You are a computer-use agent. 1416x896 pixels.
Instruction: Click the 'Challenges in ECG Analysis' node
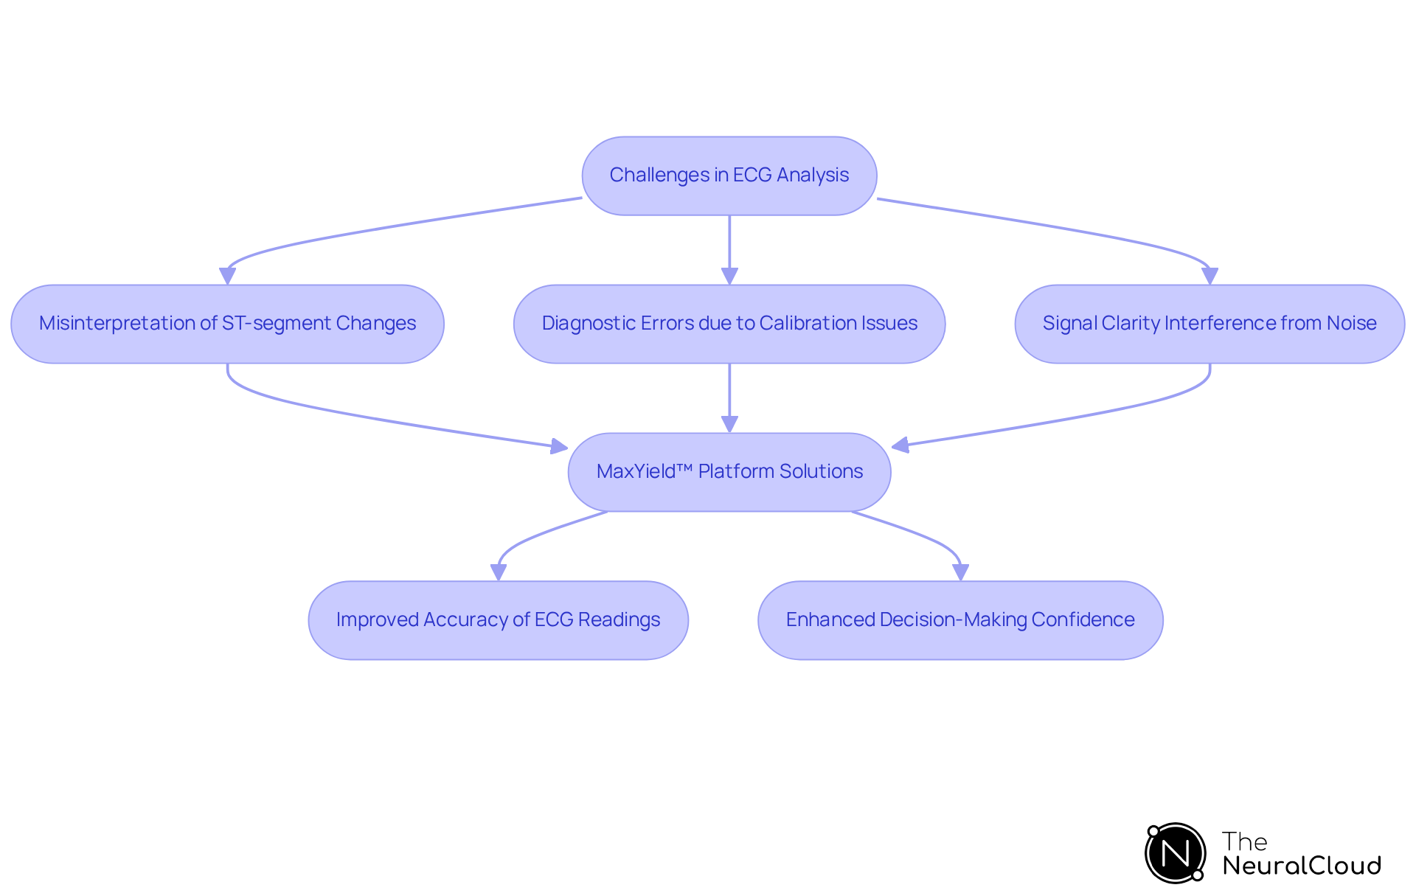point(729,176)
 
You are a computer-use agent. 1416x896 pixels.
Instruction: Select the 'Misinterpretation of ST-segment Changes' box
point(227,324)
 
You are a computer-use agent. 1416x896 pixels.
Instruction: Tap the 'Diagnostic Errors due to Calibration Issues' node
point(729,324)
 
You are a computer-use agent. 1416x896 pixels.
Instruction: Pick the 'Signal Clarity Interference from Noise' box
point(1209,324)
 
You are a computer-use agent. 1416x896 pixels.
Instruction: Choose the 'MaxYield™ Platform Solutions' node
point(729,472)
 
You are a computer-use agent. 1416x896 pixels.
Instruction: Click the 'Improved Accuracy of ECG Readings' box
point(498,620)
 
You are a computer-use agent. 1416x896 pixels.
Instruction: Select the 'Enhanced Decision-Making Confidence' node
point(960,620)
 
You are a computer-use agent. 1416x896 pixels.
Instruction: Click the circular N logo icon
point(1175,853)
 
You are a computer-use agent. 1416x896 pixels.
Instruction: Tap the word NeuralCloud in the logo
point(1302,866)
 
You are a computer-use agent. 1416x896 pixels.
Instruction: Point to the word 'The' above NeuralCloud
point(1244,841)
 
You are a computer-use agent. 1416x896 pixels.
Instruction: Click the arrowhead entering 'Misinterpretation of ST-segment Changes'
point(227,276)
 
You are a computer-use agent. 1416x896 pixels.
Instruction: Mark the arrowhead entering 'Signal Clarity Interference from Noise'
point(1209,276)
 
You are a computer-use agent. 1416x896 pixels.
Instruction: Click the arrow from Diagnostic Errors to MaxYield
point(729,395)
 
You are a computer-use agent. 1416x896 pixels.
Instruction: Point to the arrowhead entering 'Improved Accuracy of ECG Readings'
point(499,572)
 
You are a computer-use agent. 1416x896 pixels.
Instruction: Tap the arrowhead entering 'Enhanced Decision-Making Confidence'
point(960,572)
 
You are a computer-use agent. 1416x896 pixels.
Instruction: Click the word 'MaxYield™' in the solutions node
point(644,472)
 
